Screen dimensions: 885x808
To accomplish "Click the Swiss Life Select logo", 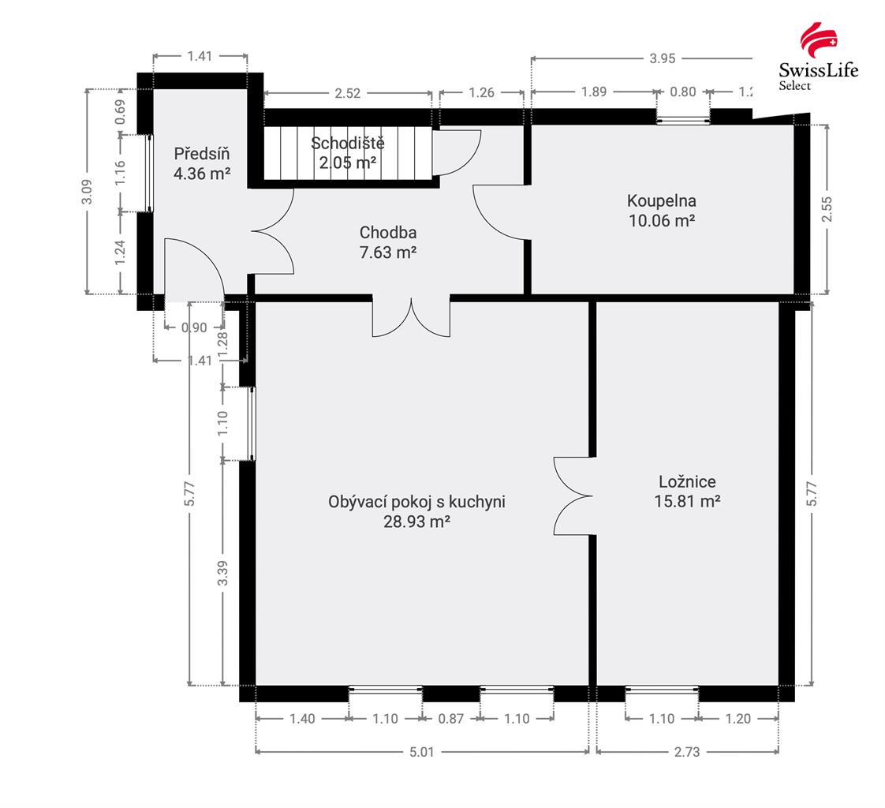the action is click(x=819, y=57).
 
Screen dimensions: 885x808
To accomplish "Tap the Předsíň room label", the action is click(x=201, y=154).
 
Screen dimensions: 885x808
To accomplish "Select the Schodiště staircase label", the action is click(x=348, y=143).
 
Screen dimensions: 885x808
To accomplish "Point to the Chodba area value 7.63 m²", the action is click(x=388, y=252).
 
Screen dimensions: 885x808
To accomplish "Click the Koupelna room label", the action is click(x=662, y=200).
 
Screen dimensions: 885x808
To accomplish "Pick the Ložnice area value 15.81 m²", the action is click(x=687, y=501).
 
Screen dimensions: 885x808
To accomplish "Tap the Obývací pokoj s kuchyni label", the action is click(x=416, y=501).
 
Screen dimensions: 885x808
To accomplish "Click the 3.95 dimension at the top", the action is click(x=662, y=58).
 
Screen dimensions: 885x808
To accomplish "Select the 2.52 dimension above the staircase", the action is click(x=347, y=92).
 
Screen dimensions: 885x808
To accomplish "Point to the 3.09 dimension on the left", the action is click(x=87, y=192).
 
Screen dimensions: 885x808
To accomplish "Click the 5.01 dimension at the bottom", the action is click(x=422, y=751).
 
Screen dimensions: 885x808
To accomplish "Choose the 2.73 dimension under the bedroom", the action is click(x=687, y=751).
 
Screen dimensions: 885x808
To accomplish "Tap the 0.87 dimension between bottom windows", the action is click(x=451, y=719).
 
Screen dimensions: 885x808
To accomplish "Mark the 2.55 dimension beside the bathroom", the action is click(x=827, y=209).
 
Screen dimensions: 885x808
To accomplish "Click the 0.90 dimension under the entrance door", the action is click(x=194, y=327).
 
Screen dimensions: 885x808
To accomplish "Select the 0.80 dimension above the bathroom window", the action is click(x=683, y=92).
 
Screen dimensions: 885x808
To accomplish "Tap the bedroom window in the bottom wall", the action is click(x=662, y=689).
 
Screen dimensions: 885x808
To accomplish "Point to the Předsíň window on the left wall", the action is click(x=150, y=174).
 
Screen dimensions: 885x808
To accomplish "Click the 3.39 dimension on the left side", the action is click(x=223, y=573).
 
